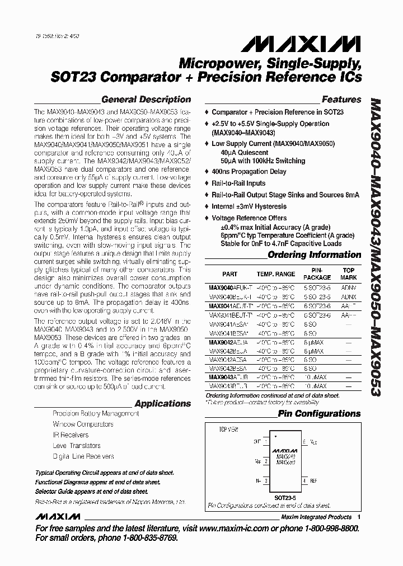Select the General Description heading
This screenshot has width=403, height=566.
pos(146,100)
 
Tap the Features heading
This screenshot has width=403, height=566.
pos(341,100)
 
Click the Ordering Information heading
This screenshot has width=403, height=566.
pos(314,255)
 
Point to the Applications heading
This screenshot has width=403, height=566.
pos(162,403)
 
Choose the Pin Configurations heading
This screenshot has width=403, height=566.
pos(320,414)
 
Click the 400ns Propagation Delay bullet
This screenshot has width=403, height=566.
pos(249,172)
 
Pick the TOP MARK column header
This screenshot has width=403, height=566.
pos(349,275)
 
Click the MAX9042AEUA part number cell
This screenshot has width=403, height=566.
pos(227,342)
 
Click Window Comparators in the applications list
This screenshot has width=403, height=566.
pos(83,424)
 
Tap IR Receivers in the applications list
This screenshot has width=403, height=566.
pos(71,435)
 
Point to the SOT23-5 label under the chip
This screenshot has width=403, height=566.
pos(285,496)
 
